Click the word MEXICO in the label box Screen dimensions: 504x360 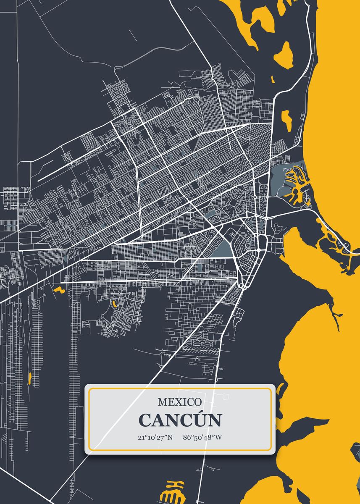pyautogui.click(x=179, y=402)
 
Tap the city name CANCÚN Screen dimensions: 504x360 pyautogui.click(x=180, y=420)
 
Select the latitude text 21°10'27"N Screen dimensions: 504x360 pyautogui.click(x=155, y=437)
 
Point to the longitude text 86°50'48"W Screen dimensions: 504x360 pyautogui.click(x=202, y=437)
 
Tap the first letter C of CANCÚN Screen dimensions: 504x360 pyautogui.click(x=145, y=420)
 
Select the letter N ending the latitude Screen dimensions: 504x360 pyautogui.click(x=169, y=437)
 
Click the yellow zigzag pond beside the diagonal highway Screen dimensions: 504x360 pyautogui.click(x=58, y=289)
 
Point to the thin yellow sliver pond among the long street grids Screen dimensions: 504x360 pyautogui.click(x=29, y=378)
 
